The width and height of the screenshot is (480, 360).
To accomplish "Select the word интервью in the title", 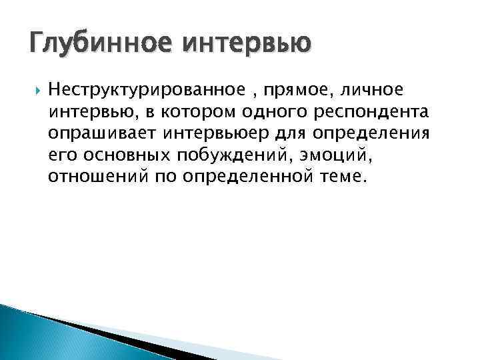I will pos(247,45).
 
